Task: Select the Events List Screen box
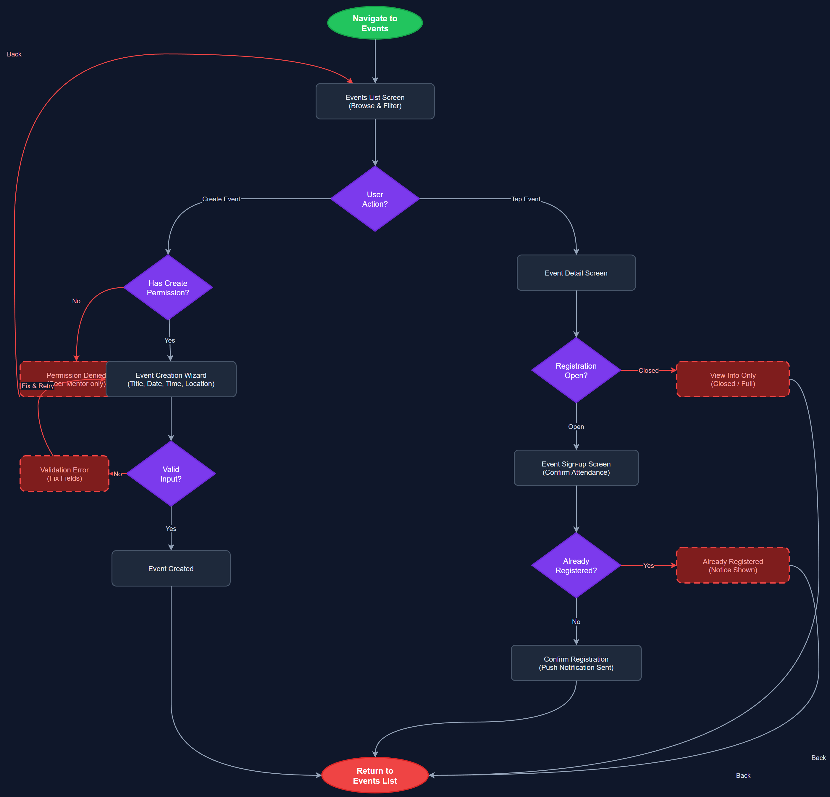(x=375, y=102)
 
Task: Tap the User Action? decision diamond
(x=375, y=199)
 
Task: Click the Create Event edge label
(x=221, y=199)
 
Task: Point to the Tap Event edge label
(x=526, y=199)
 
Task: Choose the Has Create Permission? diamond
(x=168, y=288)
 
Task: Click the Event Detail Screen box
(x=576, y=273)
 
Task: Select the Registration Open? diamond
(x=576, y=370)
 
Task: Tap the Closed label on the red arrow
(x=648, y=370)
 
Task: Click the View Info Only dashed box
(x=733, y=379)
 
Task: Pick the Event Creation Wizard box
(x=171, y=379)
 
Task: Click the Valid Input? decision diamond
(x=171, y=474)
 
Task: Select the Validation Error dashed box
(x=64, y=474)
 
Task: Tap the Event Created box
(x=171, y=568)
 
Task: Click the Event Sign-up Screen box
(x=576, y=468)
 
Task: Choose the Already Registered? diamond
(x=576, y=566)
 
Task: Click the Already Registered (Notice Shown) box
(x=733, y=566)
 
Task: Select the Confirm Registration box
(x=576, y=663)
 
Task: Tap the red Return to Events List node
(x=375, y=775)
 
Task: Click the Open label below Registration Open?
(x=576, y=427)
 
